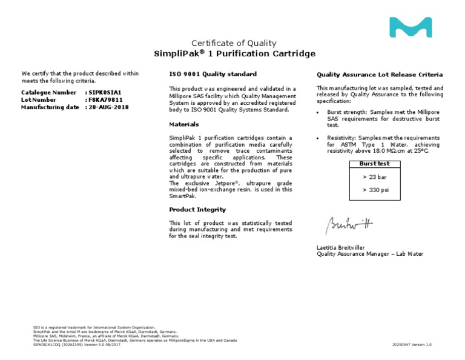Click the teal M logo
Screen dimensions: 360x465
click(410, 27)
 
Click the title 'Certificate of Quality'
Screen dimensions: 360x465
click(234, 43)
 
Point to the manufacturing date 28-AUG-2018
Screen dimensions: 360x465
click(109, 107)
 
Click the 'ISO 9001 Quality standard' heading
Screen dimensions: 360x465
click(212, 74)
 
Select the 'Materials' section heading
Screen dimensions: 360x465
click(184, 124)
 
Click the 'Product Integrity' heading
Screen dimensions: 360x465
click(197, 210)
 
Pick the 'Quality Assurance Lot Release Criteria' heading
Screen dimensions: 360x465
click(380, 75)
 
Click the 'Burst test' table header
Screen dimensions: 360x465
click(374, 164)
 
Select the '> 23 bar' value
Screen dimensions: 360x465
click(374, 177)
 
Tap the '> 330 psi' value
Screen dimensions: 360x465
click(374, 190)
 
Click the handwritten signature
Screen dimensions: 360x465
click(351, 224)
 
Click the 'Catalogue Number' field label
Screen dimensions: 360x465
click(48, 92)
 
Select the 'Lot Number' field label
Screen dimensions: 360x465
click(39, 99)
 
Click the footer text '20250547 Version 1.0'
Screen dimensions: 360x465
click(412, 344)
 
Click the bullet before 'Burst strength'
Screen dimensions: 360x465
click(319, 113)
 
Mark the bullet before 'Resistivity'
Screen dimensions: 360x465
click(319, 138)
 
